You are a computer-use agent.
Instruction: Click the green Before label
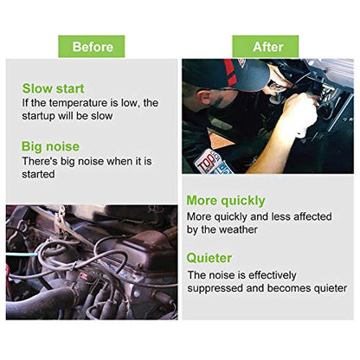[92, 47]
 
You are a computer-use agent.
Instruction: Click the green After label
[266, 47]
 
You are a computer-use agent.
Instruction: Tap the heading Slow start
[53, 88]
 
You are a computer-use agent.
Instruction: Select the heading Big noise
[50, 146]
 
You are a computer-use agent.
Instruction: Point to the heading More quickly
[226, 201]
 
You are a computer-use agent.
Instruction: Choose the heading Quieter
[209, 258]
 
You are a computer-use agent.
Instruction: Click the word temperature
[78, 103]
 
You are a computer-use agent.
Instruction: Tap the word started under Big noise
[38, 174]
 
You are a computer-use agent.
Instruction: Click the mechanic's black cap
[228, 74]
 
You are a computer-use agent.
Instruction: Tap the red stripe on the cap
[231, 72]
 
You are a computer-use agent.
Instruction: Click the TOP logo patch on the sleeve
[207, 161]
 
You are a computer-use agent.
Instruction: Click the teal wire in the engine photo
[22, 254]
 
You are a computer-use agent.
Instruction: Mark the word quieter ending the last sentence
[331, 288]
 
